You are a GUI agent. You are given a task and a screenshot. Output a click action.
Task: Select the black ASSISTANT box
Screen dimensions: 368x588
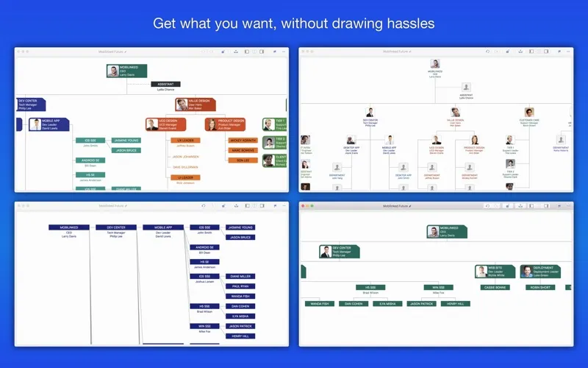[x=165, y=84]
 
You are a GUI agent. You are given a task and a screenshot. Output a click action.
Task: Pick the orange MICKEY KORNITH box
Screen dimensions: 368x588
[x=243, y=140]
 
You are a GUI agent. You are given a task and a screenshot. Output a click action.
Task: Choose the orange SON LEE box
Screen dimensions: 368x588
[x=243, y=160]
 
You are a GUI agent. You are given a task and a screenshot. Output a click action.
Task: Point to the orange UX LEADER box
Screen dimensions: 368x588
[x=185, y=140]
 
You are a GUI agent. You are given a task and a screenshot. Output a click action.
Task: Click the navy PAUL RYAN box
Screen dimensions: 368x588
[x=240, y=286]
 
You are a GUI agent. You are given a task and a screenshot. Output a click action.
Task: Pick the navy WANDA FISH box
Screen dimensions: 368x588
[x=240, y=297]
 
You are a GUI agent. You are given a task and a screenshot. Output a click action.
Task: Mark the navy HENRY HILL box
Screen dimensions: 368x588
[x=240, y=336]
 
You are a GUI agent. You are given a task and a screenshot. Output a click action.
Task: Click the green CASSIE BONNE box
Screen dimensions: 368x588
[x=495, y=287]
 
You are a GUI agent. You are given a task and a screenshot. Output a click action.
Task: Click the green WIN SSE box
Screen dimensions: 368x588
[x=438, y=287]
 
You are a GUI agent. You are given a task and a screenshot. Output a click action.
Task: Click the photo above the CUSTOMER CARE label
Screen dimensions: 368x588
[x=529, y=112]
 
